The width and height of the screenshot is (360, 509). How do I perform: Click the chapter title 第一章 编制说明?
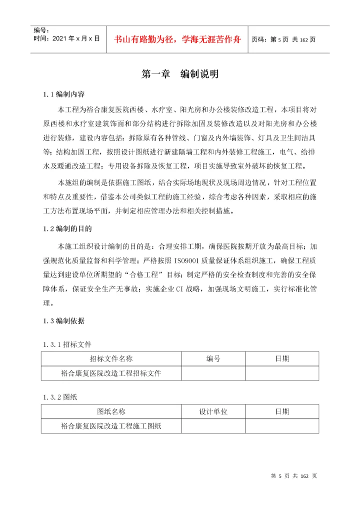[180, 74]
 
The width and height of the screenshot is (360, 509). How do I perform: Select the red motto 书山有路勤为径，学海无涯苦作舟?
[178, 38]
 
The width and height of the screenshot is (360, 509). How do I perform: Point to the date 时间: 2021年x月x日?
[66, 38]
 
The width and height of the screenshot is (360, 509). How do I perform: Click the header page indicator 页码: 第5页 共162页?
[283, 39]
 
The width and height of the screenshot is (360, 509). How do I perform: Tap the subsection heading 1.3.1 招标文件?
[67, 344]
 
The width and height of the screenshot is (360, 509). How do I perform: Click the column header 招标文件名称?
[111, 359]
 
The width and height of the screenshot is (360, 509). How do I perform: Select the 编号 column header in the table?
[213, 359]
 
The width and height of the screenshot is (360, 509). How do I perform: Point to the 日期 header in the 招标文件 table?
[282, 359]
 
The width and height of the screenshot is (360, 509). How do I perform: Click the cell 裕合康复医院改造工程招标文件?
[111, 373]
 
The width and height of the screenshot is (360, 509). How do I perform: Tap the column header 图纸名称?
[111, 411]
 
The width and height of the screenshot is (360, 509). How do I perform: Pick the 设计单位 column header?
[213, 411]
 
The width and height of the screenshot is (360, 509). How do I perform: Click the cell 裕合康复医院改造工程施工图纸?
[111, 425]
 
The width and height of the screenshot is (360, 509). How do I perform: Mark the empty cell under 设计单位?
[213, 425]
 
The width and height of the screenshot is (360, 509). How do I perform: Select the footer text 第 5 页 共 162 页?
[293, 476]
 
